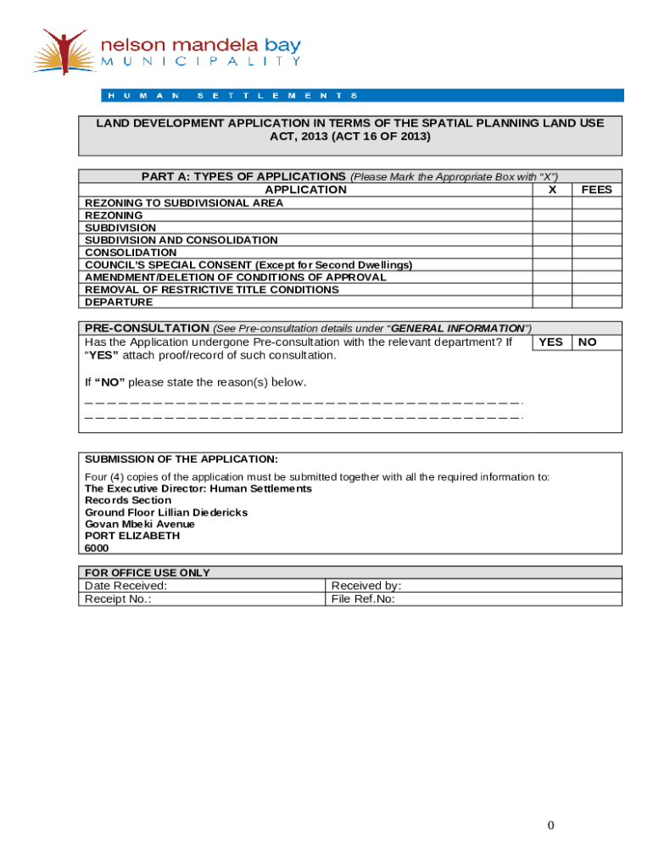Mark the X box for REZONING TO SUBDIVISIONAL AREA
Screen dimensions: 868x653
click(552, 203)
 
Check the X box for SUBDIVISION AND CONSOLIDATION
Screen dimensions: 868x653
click(552, 241)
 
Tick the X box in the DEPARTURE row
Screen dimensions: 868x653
click(552, 303)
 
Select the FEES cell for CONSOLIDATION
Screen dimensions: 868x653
click(597, 253)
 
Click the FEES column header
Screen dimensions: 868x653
click(597, 190)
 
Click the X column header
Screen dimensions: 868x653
click(552, 190)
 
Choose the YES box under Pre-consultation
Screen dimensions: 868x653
click(551, 342)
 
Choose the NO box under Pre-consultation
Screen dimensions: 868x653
click(587, 342)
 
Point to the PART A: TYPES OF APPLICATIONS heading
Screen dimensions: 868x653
click(243, 176)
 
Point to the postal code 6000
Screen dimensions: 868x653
click(97, 548)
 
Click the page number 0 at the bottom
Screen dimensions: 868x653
click(550, 826)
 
